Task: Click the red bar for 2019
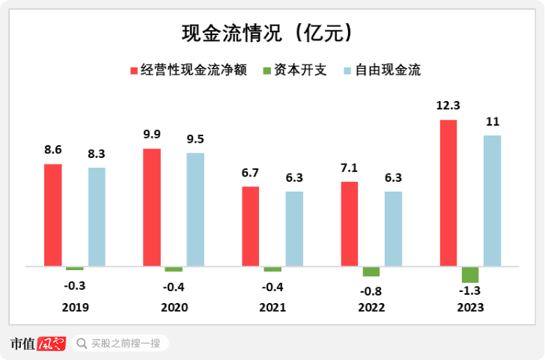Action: tap(53, 215)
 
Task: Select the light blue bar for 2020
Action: tap(195, 210)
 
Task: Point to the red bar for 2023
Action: tap(448, 193)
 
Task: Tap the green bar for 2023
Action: tap(470, 274)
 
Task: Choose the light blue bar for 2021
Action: tap(294, 229)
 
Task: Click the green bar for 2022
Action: tap(371, 271)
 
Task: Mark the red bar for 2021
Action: tap(251, 226)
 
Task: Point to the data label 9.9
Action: tap(152, 135)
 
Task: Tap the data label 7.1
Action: tap(350, 168)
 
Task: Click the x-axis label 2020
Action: tap(174, 308)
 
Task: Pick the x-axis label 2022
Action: tap(371, 308)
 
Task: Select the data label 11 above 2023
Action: tap(492, 121)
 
